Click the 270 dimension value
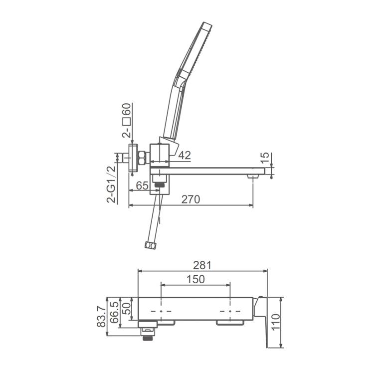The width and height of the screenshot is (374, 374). [190, 199]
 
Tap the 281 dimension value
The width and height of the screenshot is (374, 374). [202, 265]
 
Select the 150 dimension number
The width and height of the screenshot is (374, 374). [195, 279]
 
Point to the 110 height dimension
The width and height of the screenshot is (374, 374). [275, 322]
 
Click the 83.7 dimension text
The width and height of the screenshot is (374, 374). [101, 316]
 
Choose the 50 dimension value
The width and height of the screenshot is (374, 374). [127, 309]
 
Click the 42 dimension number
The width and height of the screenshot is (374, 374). [185, 155]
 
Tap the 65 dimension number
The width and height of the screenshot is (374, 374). [142, 186]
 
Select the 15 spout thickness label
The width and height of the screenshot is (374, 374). [264, 158]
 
